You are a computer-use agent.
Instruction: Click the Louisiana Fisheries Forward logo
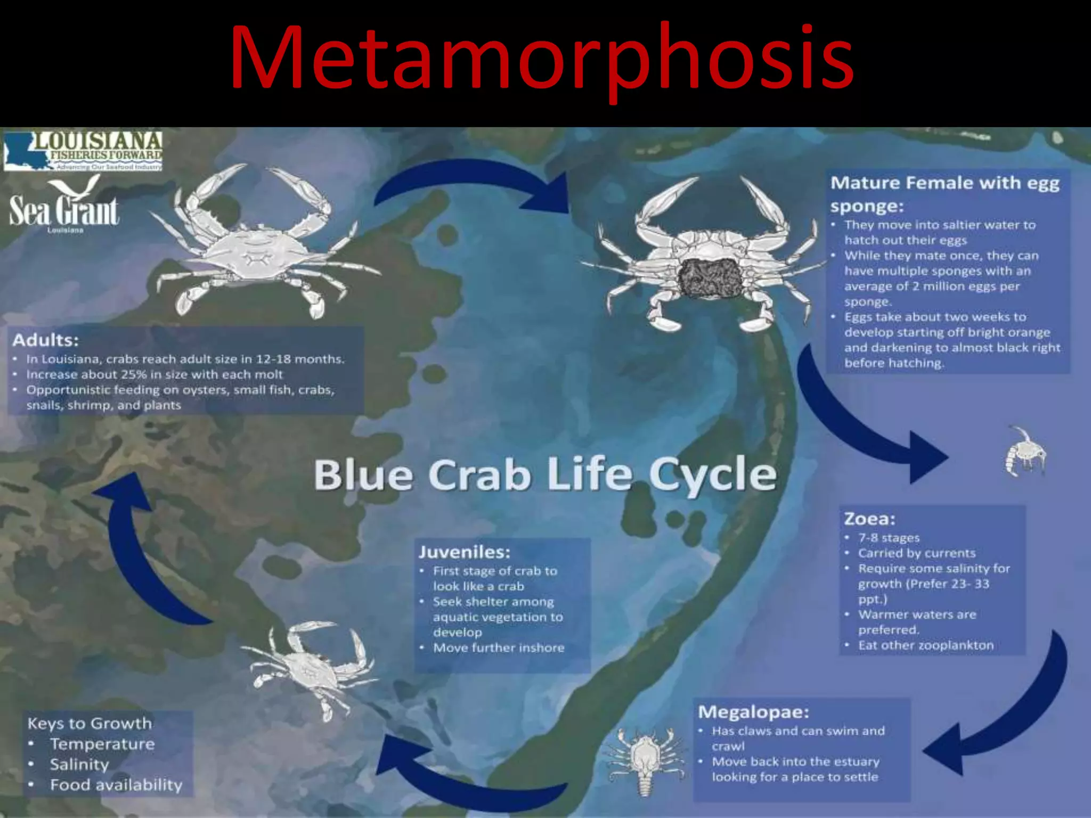click(83, 151)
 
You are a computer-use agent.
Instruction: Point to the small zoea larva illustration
click(1024, 452)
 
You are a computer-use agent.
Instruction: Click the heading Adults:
click(46, 340)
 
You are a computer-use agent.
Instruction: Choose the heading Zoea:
click(869, 519)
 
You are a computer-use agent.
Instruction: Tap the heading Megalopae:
click(753, 712)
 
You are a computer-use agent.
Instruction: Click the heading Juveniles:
click(464, 552)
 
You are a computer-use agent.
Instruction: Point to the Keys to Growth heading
click(89, 723)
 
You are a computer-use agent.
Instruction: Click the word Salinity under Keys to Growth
click(79, 764)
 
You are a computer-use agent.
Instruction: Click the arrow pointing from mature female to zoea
click(863, 426)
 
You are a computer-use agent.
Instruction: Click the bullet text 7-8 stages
click(889, 538)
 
